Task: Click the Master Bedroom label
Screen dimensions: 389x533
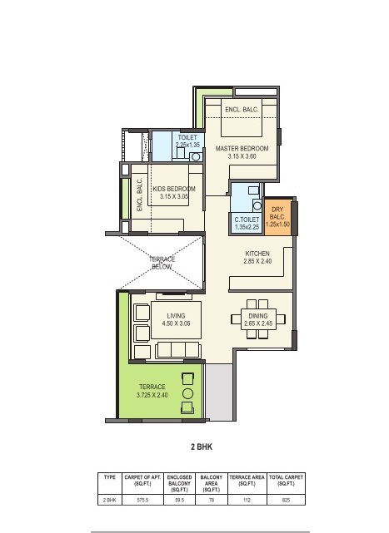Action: [242, 149]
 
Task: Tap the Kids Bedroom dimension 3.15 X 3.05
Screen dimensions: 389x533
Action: [174, 196]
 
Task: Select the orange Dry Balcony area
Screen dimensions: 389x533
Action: [277, 217]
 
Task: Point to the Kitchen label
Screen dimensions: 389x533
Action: [257, 254]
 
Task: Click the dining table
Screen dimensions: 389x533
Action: [258, 319]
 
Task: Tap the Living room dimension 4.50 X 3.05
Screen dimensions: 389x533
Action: [176, 323]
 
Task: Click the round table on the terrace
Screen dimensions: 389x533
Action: [187, 393]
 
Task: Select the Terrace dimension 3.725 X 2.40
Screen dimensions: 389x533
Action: [152, 395]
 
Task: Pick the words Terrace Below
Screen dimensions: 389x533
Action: [162, 263]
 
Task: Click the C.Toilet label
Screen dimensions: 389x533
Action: [247, 220]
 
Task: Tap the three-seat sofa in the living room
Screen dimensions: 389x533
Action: [177, 350]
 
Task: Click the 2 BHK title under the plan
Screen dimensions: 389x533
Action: [202, 447]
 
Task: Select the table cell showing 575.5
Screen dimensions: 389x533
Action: [142, 500]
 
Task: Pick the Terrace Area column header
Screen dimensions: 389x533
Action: [247, 481]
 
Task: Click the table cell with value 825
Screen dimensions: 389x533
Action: [287, 500]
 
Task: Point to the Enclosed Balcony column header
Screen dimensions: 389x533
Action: [180, 483]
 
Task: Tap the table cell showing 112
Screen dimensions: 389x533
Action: [247, 500]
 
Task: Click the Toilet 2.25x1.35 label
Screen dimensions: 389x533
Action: [187, 141]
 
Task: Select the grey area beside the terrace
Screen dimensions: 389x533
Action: [219, 392]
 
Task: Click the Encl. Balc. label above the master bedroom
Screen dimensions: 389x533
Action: [242, 110]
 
